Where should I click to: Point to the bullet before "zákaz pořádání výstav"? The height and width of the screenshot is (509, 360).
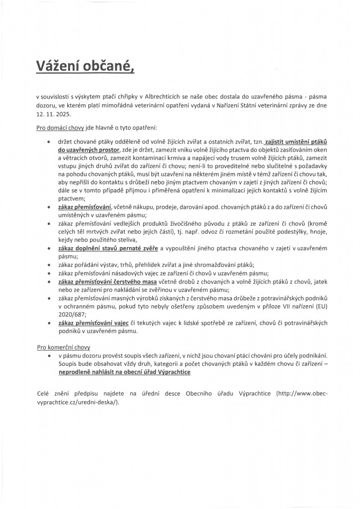pos(48,265)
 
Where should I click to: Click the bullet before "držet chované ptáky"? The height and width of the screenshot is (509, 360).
pos(48,142)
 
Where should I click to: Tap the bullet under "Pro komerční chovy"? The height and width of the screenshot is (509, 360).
pos(48,356)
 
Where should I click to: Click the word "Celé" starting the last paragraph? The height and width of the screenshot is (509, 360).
pos(44,393)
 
